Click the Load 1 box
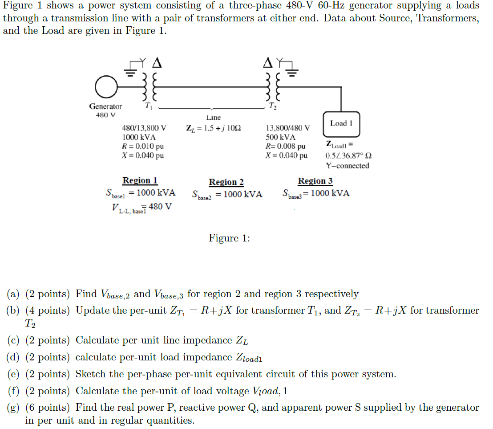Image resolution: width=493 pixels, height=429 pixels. tap(341, 123)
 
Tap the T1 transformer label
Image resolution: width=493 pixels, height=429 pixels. tap(148, 106)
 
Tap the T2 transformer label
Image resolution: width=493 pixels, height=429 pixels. tap(272, 106)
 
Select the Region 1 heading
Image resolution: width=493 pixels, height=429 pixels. tap(140, 180)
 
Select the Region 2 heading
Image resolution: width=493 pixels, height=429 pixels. tap(226, 182)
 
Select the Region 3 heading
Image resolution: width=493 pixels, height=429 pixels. tap(315, 181)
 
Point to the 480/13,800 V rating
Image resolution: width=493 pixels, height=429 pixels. tap(144, 128)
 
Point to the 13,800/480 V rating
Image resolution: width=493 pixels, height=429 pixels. tap(287, 128)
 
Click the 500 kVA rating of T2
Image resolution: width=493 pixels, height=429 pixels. tap(280, 137)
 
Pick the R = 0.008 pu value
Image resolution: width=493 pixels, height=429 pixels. tap(285, 146)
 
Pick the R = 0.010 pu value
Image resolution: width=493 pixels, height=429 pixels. tap(143, 147)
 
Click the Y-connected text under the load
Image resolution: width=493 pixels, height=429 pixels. tap(347, 166)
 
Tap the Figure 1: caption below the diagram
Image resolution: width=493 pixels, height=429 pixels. tap(229, 238)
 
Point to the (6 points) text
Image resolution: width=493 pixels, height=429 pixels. tap(48, 408)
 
